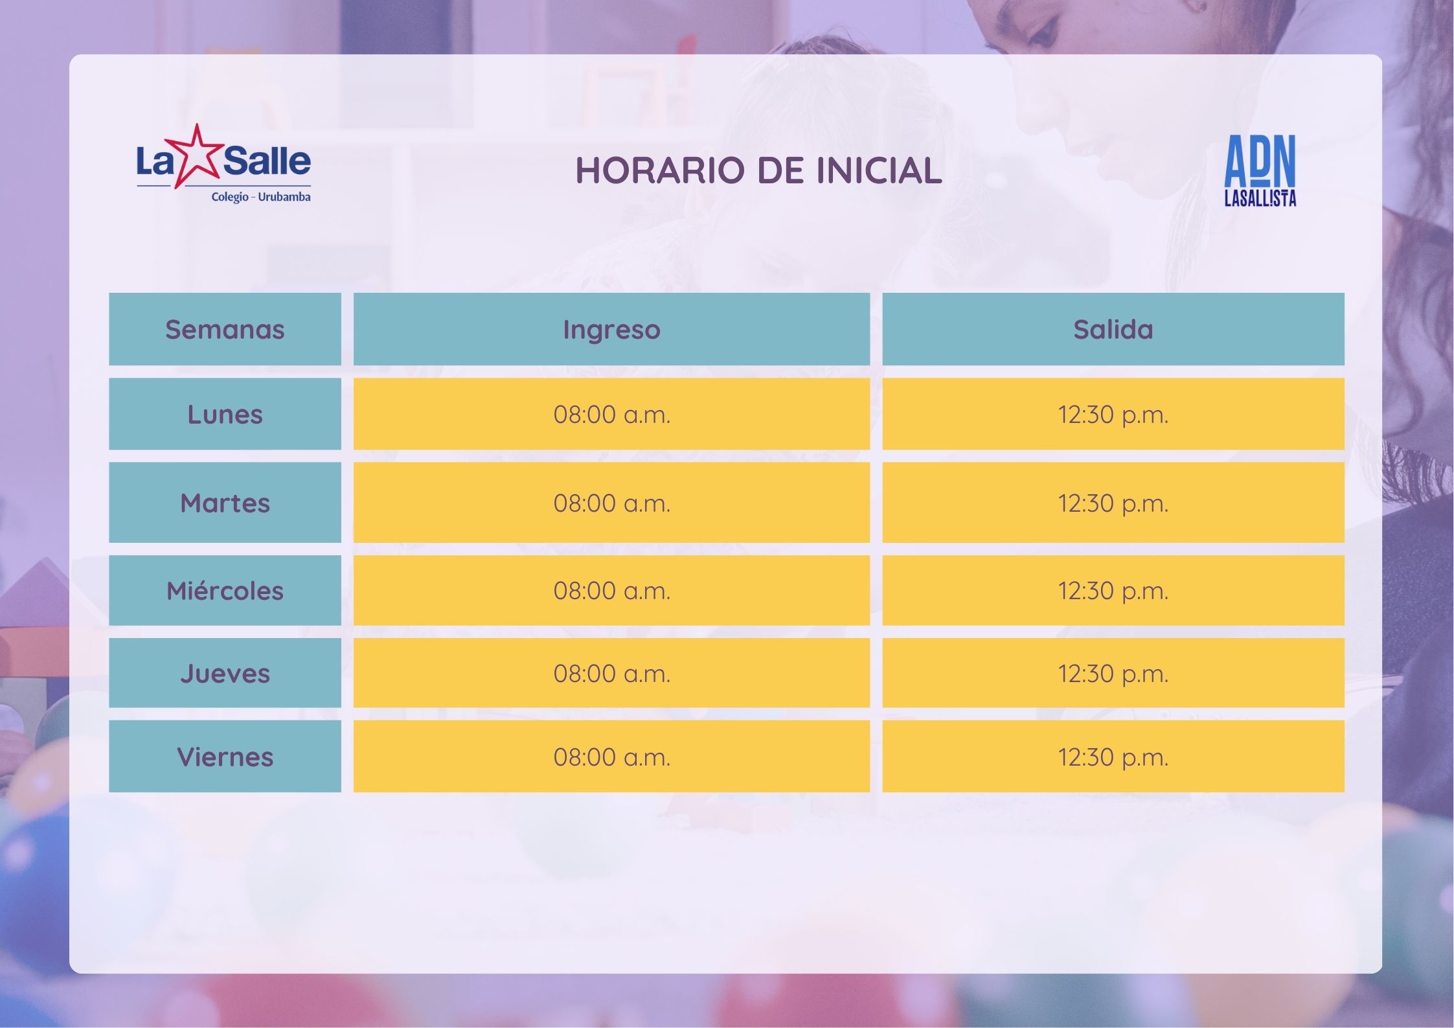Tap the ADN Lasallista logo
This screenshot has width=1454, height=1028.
coord(1260,170)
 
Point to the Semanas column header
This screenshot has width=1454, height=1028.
coord(225,330)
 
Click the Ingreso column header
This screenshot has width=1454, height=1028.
coord(611,330)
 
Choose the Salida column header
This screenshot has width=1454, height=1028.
coord(1113,330)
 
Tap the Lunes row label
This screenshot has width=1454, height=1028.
coord(225,415)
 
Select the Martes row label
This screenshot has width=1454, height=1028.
coord(225,503)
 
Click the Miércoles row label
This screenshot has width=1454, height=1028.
coord(225,591)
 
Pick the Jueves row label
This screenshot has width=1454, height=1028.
coord(225,674)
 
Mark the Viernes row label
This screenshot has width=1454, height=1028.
coord(225,757)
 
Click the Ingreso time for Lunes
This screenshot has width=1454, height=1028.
coord(611,415)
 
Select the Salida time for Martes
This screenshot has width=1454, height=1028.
coord(1113,503)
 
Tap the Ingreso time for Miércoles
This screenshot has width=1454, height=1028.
coord(611,591)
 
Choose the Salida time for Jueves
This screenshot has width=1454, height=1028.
coord(1113,674)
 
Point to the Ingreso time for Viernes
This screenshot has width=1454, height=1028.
coord(611,757)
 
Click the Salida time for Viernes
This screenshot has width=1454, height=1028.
coord(1113,757)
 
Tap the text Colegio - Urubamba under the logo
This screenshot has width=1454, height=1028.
coord(260,197)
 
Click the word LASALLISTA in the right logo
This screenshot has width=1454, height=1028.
coord(1260,198)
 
